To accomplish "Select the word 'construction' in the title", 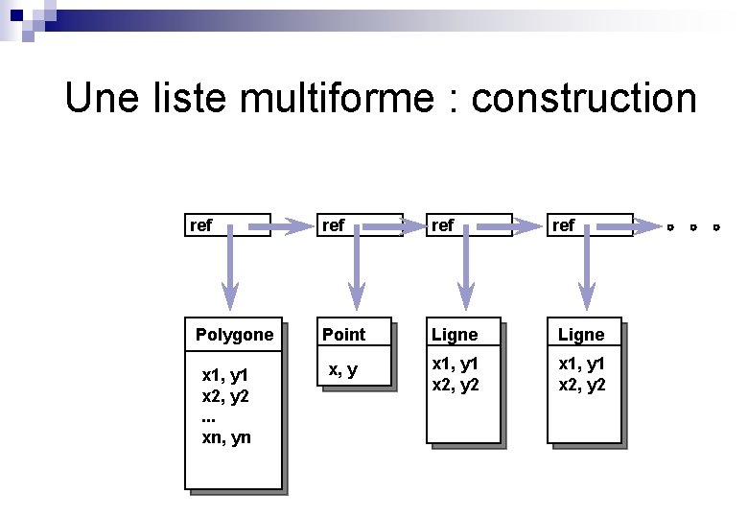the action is point(584,98).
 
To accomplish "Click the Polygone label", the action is point(234,335).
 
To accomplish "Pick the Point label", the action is point(343,335).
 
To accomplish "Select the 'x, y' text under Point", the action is point(342,369).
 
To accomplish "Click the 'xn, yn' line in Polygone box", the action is point(226,437).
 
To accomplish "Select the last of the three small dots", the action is point(715,228).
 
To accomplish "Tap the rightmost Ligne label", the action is point(581,335).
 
